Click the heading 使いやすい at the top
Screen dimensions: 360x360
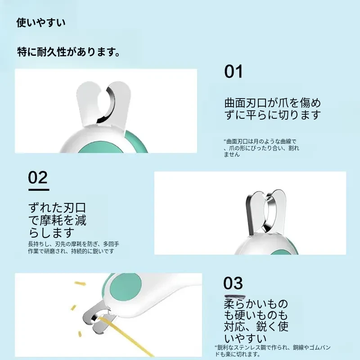coord(41,23)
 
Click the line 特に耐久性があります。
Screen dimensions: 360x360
coord(69,52)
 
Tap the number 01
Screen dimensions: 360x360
coord(233,72)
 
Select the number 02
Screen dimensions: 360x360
coord(38,177)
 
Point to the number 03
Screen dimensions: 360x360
coord(233,283)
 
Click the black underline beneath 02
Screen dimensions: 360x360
coord(39,190)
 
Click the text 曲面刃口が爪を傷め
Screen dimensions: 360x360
coord(273,103)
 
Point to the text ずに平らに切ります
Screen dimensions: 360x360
coord(273,115)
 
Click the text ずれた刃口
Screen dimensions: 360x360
coord(57,208)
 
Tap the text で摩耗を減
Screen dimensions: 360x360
coord(57,220)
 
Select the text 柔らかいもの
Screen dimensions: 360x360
coord(256,304)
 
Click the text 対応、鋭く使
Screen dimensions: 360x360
coord(256,327)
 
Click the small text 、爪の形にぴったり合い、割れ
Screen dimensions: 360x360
coord(261,148)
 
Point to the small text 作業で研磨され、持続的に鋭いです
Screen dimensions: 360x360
coord(71,251)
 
